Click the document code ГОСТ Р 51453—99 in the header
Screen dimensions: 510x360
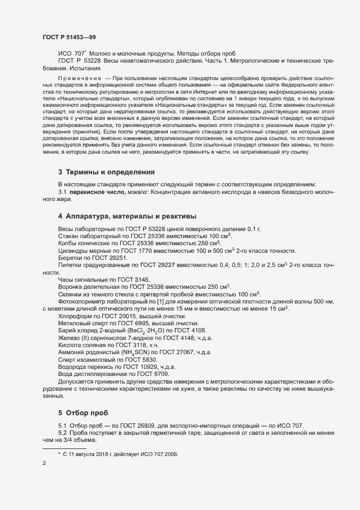tap(69, 37)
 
